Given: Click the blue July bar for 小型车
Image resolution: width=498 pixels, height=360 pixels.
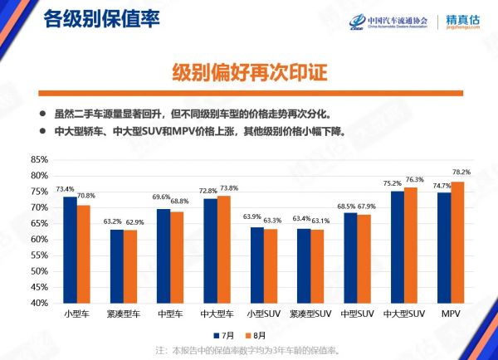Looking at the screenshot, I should coord(70,250).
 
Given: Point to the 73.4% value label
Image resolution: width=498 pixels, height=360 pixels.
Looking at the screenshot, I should coord(66,189).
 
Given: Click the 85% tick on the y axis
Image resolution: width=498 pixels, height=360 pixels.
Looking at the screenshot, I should coord(39,159).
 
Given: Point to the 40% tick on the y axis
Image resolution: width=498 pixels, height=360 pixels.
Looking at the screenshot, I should coord(39,303).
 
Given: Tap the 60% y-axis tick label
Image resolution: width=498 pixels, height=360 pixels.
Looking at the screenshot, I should coord(39,239).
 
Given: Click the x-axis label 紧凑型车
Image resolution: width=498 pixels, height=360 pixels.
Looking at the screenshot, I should coord(125,314).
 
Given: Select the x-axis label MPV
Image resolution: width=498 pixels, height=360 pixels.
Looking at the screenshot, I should coord(451,314).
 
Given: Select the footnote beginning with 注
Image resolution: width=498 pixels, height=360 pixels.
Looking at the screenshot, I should coord(248,350).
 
